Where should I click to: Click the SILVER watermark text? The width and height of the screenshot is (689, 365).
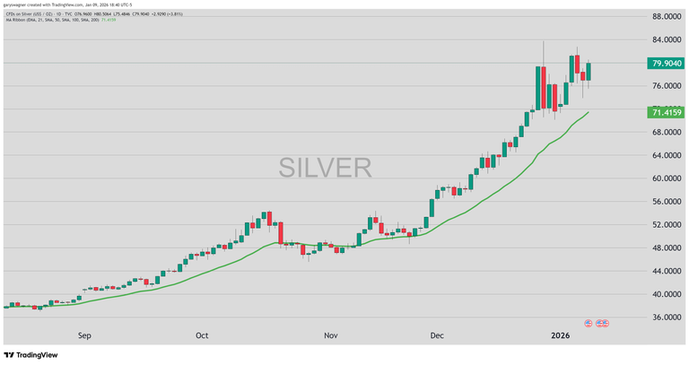click(x=325, y=167)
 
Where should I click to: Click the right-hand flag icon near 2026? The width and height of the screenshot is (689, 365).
click(x=603, y=323)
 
